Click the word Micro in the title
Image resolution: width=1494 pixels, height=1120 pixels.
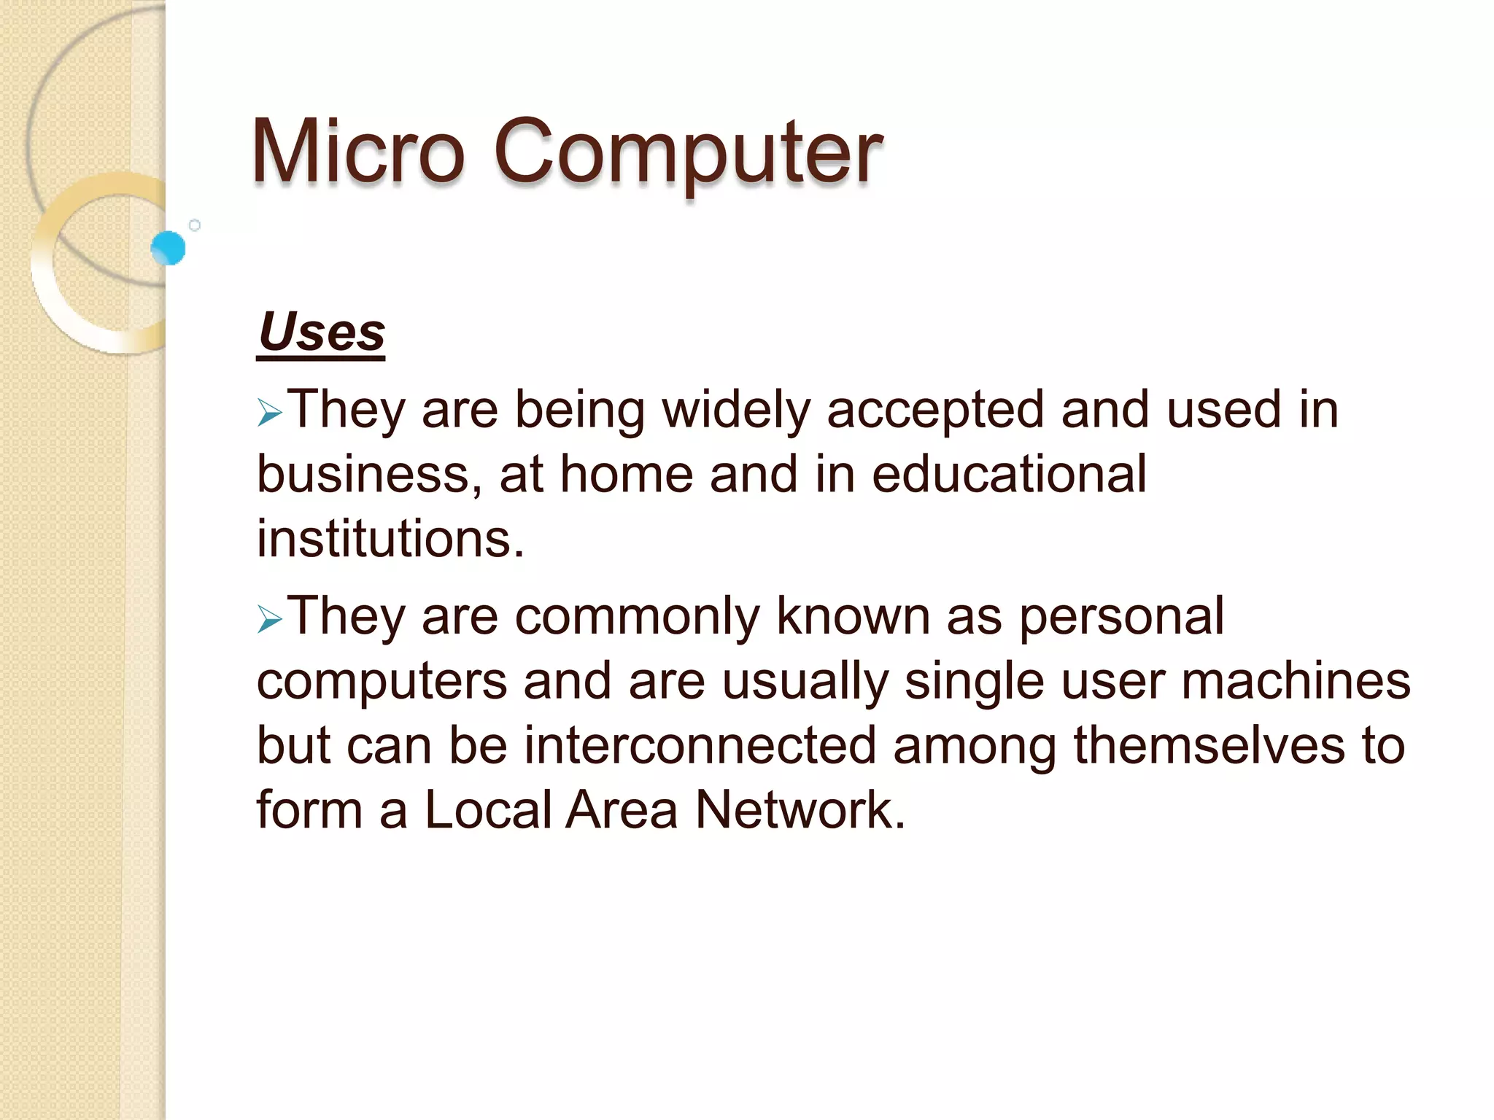click(x=357, y=152)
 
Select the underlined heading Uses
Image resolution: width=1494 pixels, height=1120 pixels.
click(x=321, y=332)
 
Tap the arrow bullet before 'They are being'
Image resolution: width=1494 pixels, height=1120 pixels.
click(x=269, y=414)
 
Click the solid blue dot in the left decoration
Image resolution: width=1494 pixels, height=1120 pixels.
click(x=169, y=248)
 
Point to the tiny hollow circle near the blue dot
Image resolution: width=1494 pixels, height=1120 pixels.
click(x=195, y=225)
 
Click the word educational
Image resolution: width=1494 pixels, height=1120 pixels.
click(x=1009, y=474)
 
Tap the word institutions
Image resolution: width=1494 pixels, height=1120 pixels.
click(x=390, y=539)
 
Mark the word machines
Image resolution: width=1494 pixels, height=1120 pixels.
click(x=1296, y=682)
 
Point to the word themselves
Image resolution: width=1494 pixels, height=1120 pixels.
click(x=1209, y=746)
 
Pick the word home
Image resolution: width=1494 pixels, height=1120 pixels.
click(x=627, y=475)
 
